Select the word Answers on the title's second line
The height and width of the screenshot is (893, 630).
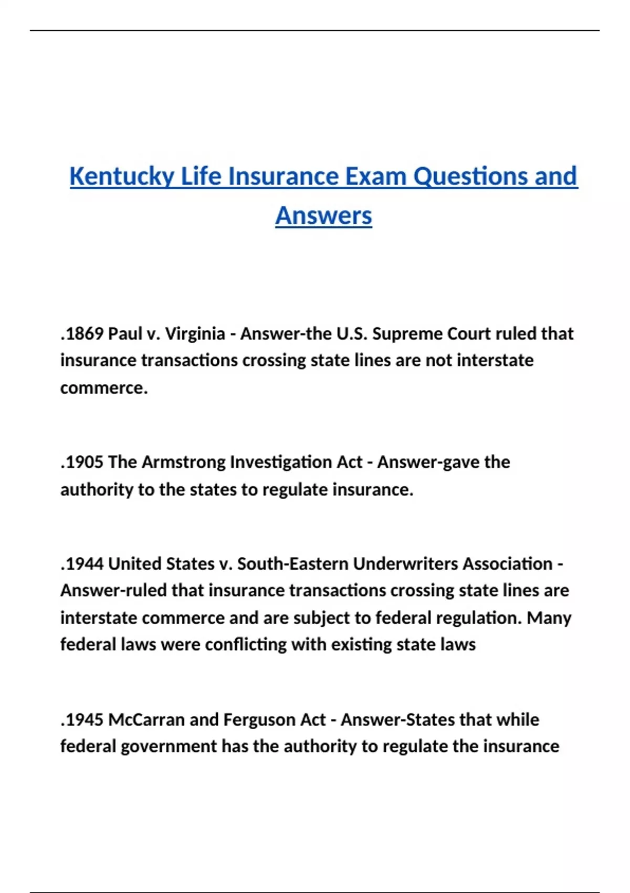pyautogui.click(x=323, y=216)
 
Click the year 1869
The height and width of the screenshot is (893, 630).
pyautogui.click(x=83, y=334)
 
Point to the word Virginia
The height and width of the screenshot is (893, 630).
pyautogui.click(x=195, y=334)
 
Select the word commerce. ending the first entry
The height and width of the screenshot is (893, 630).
pyautogui.click(x=104, y=388)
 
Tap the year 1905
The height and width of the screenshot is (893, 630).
pyautogui.click(x=83, y=462)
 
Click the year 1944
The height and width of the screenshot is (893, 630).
pyautogui.click(x=83, y=564)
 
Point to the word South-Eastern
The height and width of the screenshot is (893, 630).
pyautogui.click(x=292, y=564)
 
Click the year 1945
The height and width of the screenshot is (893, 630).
pyautogui.click(x=83, y=720)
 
